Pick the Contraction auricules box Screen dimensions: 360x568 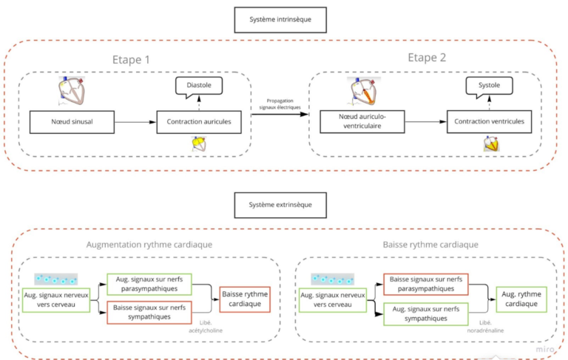[x=199, y=122]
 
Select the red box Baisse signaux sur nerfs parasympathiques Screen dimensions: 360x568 [x=427, y=285]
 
